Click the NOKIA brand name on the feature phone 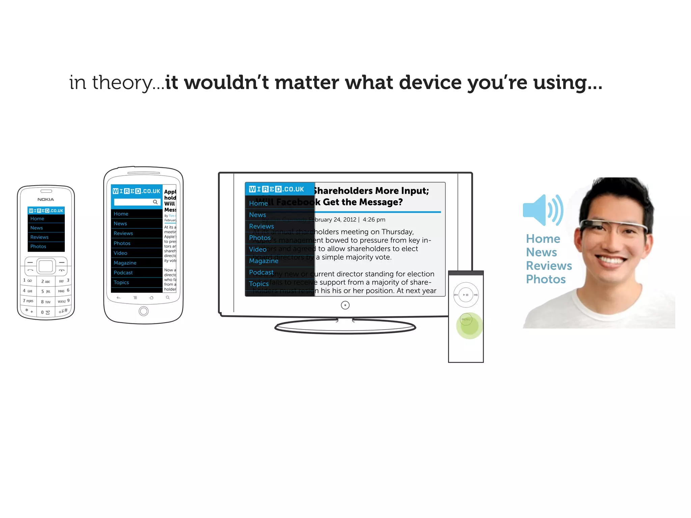(46, 199)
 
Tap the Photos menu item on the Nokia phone (38, 247)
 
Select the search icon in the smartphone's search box (155, 202)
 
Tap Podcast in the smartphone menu (123, 272)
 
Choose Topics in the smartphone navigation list (121, 282)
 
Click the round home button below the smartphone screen (143, 311)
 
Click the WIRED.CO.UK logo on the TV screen (276, 189)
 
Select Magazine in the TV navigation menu (264, 261)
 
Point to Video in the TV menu (258, 249)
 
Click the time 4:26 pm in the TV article (374, 220)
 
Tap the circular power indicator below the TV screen (345, 305)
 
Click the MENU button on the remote (466, 319)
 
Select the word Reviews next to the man (549, 266)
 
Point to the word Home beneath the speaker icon (543, 239)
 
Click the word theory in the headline (123, 83)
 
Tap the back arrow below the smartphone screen (118, 298)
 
